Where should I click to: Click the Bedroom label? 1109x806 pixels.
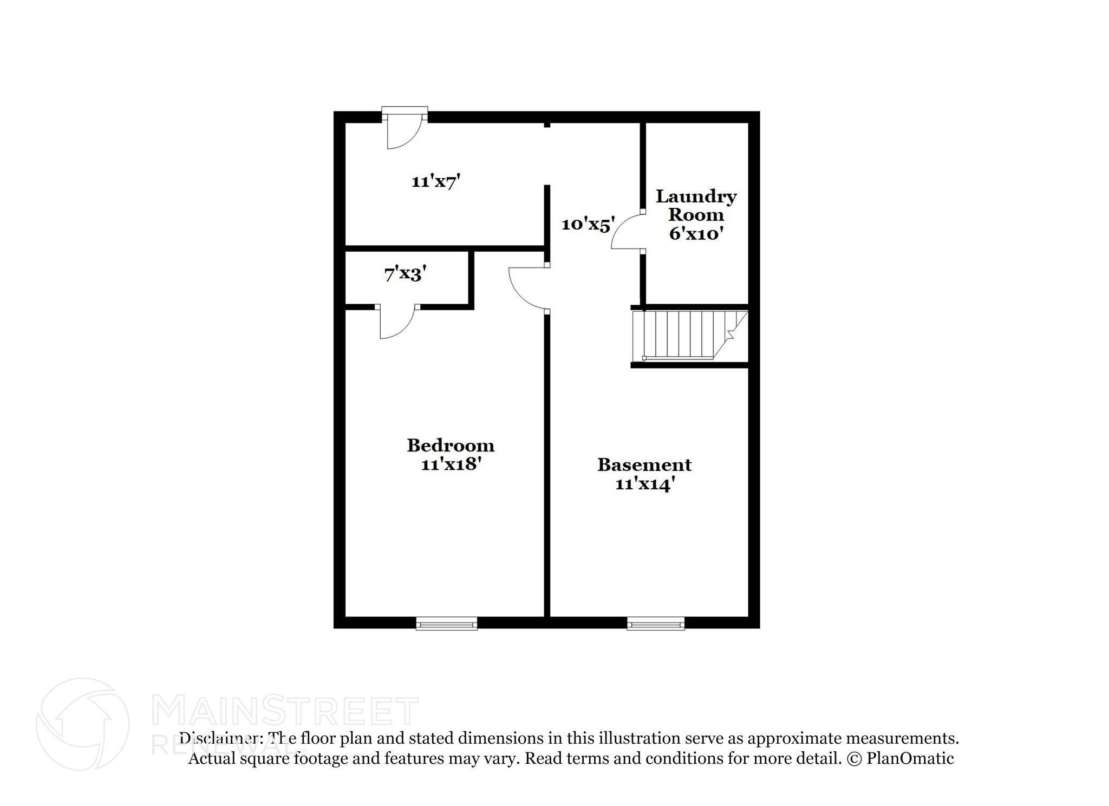[451, 445]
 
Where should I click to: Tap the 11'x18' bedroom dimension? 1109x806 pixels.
[451, 464]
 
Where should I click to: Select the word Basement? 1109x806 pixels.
[644, 465]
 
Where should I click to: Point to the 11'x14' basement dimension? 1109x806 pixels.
[644, 484]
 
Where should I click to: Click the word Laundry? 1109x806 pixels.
[696, 196]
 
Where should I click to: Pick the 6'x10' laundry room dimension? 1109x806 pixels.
[696, 234]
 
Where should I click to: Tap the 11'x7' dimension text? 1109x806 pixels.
[435, 181]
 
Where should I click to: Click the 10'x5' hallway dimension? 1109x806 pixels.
[588, 224]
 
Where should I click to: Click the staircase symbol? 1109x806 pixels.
[689, 335]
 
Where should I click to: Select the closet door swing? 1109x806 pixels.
[397, 323]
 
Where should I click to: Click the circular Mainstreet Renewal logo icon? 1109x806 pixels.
[82, 724]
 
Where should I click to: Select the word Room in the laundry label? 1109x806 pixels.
[696, 215]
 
